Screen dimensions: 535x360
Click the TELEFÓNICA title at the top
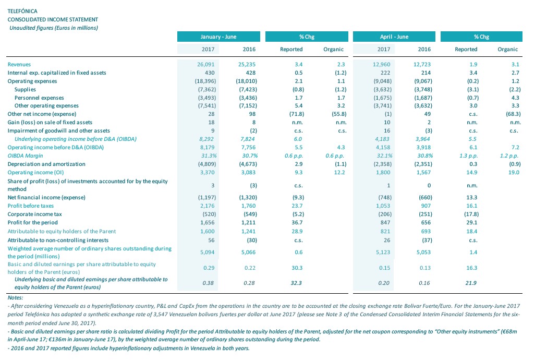point(22,11)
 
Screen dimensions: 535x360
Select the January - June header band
point(218,37)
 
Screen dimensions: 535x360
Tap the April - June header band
point(394,37)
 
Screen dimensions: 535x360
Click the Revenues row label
point(19,65)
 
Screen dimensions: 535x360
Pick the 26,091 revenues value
point(206,65)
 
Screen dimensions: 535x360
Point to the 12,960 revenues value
point(382,65)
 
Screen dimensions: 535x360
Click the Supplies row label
point(25,89)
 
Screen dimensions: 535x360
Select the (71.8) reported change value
point(297,114)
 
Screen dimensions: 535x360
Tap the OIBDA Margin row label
point(25,155)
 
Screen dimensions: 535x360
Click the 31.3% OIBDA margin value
point(209,155)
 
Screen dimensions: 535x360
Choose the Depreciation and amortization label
point(46,164)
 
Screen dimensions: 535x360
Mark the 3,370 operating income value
point(208,172)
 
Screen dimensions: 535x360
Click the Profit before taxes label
point(31,206)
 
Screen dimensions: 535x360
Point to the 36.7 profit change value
point(297,222)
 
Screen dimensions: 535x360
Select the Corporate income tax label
point(35,214)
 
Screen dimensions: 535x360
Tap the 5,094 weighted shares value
point(208,252)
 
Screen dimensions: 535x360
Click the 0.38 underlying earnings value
point(208,283)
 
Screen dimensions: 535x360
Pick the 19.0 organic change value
point(514,172)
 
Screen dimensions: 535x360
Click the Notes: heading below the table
point(15,297)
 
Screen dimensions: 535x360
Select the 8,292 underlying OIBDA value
point(207,139)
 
